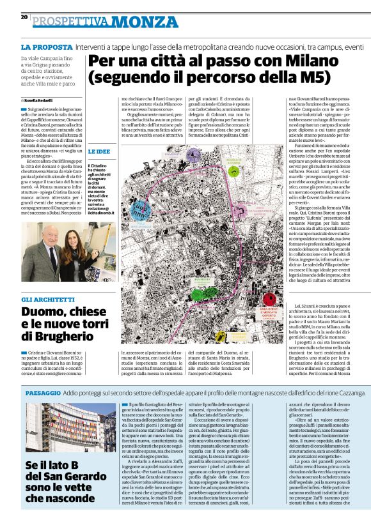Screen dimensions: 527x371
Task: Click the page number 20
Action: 24,17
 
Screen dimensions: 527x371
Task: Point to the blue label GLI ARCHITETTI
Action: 48,300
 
